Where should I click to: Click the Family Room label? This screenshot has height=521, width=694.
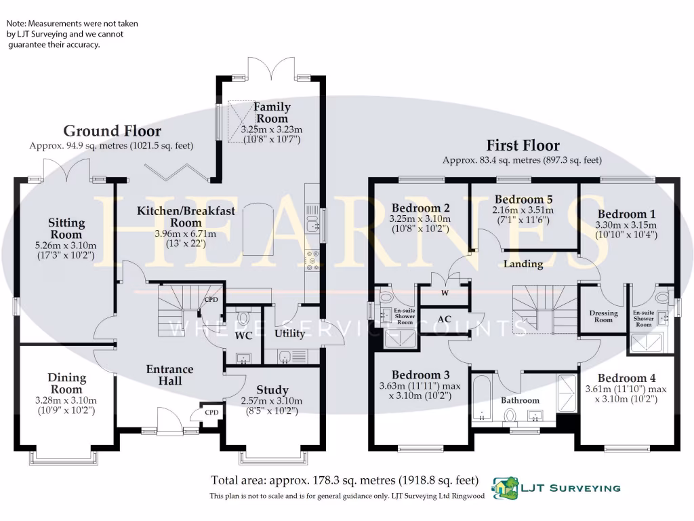(272, 113)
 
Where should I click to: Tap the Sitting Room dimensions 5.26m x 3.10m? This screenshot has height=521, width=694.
(66, 246)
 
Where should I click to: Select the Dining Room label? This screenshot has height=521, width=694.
(66, 383)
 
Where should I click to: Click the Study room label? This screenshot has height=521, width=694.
(272, 390)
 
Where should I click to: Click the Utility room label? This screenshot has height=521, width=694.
(290, 334)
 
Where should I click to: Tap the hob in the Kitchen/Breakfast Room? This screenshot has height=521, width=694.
(314, 260)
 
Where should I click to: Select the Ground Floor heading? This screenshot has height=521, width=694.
(113, 131)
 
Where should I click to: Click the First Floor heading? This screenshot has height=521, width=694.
(523, 145)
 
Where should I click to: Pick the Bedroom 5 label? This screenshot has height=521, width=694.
(523, 199)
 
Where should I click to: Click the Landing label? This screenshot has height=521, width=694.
(523, 264)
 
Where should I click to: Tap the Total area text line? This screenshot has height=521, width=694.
(344, 480)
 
